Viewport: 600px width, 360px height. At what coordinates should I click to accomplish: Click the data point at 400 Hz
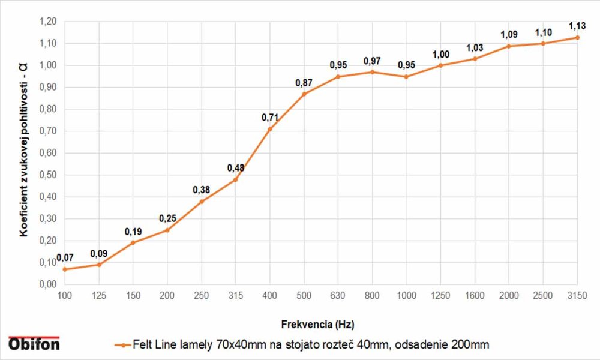270,129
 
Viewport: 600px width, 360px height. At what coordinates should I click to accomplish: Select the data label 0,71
270,118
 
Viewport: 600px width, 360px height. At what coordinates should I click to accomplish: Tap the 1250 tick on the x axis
440,295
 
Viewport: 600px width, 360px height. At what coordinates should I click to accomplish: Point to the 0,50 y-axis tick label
48,175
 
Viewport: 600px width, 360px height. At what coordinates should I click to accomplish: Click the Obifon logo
34,343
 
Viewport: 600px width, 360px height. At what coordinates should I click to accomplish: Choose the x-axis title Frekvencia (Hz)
318,325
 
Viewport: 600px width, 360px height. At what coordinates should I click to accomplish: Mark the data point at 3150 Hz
577,37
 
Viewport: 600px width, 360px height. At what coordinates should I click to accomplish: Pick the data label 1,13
577,26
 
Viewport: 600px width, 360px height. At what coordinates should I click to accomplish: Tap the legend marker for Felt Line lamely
122,345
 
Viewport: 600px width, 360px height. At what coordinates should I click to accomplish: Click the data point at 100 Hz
65,269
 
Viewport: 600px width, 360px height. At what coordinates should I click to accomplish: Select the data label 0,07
65,258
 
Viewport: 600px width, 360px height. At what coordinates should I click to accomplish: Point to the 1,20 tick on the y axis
48,22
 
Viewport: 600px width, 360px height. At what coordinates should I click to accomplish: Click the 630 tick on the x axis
338,295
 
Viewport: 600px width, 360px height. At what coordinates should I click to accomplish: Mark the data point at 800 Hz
372,72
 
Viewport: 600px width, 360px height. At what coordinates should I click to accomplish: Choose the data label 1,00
440,54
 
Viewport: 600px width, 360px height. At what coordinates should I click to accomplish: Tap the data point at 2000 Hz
509,46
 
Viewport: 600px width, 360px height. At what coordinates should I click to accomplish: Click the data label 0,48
236,168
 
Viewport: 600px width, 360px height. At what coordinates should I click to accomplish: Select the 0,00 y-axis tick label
48,284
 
